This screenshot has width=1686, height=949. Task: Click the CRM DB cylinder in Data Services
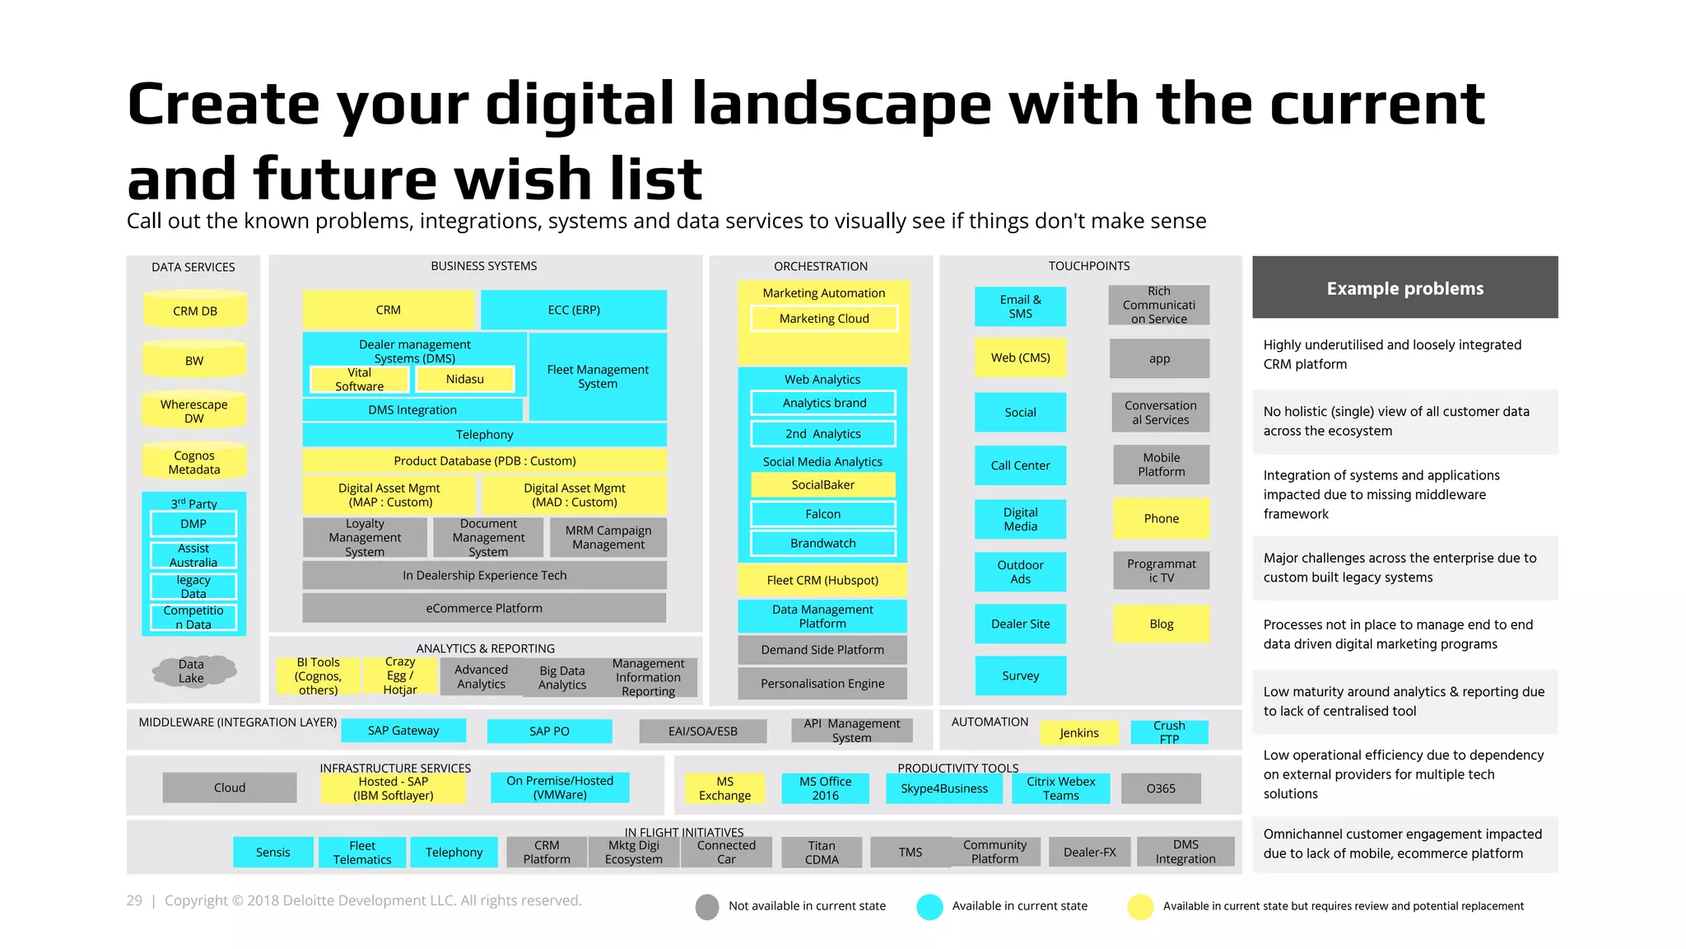coord(195,311)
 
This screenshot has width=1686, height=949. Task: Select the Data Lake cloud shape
coord(193,671)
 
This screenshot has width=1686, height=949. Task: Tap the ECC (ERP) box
coord(574,310)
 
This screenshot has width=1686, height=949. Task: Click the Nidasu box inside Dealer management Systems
coord(465,379)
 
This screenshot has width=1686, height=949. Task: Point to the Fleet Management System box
coord(598,376)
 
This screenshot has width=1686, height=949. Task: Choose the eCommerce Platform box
coord(484,608)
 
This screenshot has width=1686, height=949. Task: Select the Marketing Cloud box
coord(824,319)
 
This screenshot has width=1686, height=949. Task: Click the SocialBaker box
coord(823,484)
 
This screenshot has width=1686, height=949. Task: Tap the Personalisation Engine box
coord(822,683)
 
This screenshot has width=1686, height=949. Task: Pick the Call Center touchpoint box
coord(1020,465)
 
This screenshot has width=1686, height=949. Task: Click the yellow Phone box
coord(1161,518)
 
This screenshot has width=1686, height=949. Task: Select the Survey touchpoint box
coord(1020,676)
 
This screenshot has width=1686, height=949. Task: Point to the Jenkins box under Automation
coord(1078,732)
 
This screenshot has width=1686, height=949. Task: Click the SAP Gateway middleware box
coord(403,731)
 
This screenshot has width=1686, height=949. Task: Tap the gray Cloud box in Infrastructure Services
coord(230,788)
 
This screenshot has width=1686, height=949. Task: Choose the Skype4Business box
coord(943,788)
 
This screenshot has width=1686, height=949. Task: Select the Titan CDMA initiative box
coord(822,852)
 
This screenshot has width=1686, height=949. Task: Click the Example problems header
coord(1404,288)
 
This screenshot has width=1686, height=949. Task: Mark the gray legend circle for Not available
coord(707,906)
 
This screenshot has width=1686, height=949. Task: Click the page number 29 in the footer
coord(134,900)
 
